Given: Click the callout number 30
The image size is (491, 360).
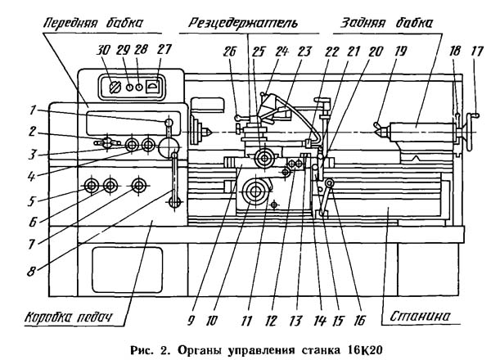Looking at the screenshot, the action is click(x=104, y=50).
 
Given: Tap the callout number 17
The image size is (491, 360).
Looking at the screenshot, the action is click(x=477, y=52).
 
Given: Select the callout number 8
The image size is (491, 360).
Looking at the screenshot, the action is click(x=31, y=271).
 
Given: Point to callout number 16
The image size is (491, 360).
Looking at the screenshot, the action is click(x=360, y=320).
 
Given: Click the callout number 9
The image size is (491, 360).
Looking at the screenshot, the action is click(x=191, y=320).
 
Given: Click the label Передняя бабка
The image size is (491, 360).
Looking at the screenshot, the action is click(x=93, y=23).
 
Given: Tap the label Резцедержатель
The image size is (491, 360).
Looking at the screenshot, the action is click(x=243, y=23).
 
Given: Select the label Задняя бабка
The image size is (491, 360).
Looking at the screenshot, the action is click(x=387, y=23).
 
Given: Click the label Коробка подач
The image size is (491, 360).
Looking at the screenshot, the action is click(x=68, y=317).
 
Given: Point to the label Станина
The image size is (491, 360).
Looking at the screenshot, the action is click(x=420, y=316).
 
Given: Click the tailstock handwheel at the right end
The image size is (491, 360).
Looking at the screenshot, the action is click(x=470, y=133).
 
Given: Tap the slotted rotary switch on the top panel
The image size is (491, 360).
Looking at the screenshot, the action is click(x=115, y=88).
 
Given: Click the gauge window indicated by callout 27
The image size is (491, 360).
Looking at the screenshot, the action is click(x=152, y=87).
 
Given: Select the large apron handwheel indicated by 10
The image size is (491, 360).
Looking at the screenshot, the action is click(x=255, y=191).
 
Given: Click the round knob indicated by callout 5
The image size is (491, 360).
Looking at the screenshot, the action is click(x=92, y=186).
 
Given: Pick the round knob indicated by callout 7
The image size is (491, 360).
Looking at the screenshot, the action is click(x=139, y=186).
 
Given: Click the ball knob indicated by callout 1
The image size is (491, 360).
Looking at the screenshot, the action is click(x=169, y=122).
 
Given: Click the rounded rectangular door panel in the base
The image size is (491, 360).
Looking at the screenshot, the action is click(x=128, y=269).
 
